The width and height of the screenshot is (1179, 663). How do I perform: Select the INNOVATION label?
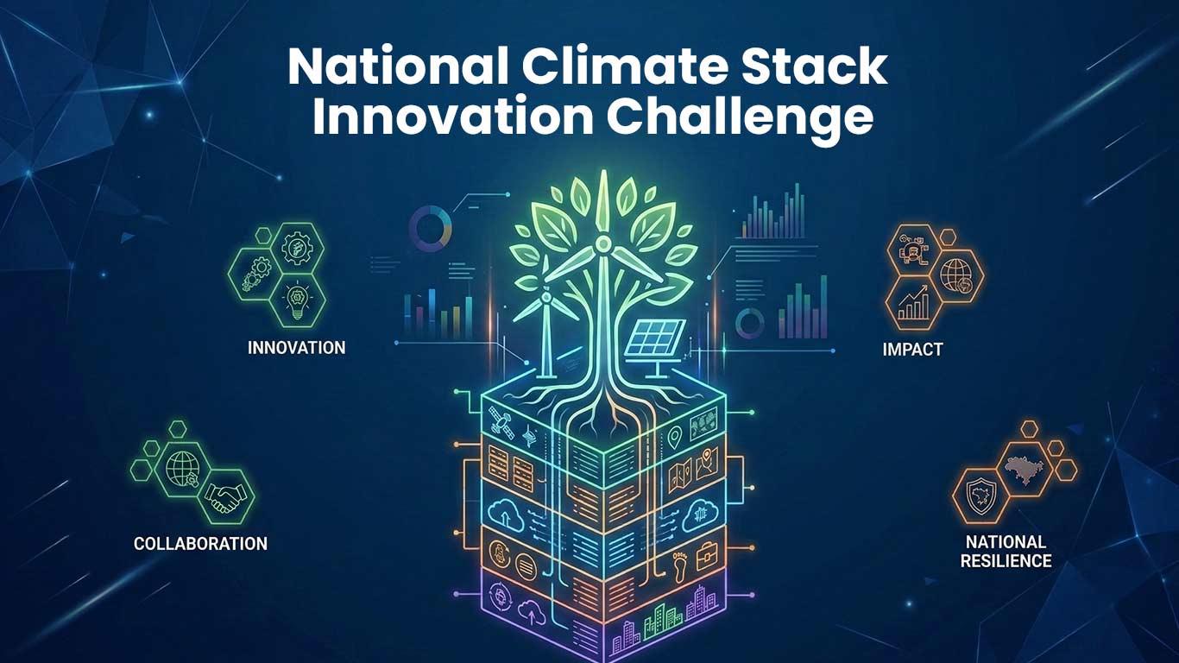coord(296,348)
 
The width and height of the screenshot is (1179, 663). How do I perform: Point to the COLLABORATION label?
coord(200,544)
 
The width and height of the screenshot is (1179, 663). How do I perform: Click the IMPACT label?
coord(912,350)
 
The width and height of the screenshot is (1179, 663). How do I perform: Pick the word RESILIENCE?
coord(1008,561)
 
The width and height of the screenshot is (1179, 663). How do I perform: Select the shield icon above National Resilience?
coord(979,496)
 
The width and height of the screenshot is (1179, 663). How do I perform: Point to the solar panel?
coord(659,340)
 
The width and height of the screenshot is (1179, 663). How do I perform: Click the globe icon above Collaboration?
coord(184,468)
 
